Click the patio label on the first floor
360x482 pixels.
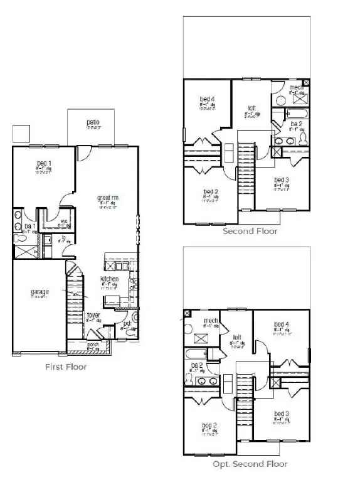click(93, 122)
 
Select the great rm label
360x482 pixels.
click(108, 198)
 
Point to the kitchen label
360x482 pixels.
click(110, 279)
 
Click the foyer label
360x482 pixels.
click(93, 315)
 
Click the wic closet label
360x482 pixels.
click(64, 220)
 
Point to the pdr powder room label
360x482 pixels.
click(127, 324)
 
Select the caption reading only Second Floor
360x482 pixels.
click(250, 232)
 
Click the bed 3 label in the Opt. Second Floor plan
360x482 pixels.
click(282, 414)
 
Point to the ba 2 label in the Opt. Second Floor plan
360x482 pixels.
click(197, 365)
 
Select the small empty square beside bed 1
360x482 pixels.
click(21, 132)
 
